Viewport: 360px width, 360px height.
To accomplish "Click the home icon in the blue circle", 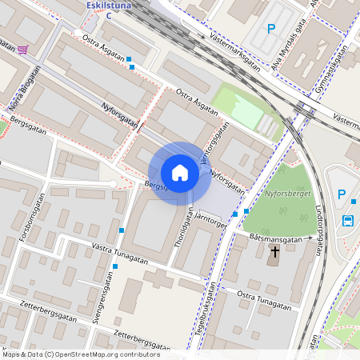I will coord(179,173).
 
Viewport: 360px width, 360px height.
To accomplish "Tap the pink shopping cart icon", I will coord(22,50).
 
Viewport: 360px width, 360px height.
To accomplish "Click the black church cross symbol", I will coord(274,253).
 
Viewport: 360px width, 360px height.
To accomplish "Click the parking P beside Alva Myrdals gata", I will coord(271,29).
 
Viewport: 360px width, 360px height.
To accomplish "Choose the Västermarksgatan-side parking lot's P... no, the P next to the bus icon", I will coord(342,194).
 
